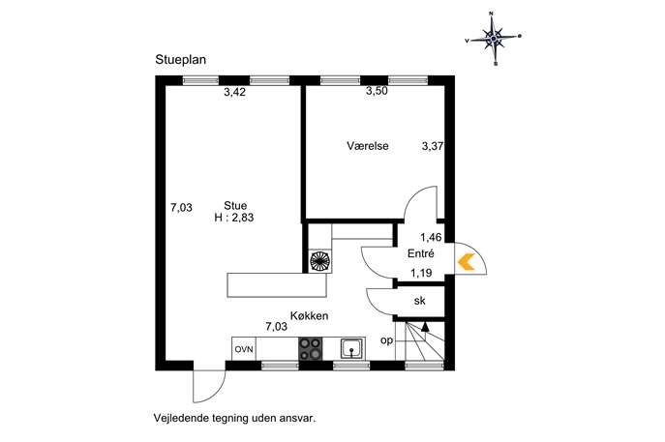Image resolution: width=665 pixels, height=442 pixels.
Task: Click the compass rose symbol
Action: click(494, 39)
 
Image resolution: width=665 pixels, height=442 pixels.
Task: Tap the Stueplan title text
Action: click(181, 60)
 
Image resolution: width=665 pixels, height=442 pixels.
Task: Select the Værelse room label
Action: click(368, 146)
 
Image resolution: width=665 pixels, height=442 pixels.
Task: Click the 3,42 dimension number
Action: click(234, 92)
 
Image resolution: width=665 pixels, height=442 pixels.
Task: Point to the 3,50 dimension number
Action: click(377, 91)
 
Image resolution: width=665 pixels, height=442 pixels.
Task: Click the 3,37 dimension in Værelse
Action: click(433, 146)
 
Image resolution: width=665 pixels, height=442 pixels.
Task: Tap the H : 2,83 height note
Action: click(234, 218)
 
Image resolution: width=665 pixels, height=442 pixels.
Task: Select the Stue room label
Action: click(235, 206)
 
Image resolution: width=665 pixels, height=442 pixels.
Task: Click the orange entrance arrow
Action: click(467, 261)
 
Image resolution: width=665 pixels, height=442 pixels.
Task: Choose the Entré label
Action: click(421, 253)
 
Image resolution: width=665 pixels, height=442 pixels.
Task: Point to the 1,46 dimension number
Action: click(431, 237)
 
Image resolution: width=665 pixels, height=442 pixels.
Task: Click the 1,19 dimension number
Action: click(421, 273)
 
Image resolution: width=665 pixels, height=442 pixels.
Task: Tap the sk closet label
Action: click(419, 301)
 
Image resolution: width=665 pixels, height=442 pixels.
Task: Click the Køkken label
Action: click(309, 315)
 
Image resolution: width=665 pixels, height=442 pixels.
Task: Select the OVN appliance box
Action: click(244, 349)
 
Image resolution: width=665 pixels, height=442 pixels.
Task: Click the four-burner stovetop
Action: click(311, 349)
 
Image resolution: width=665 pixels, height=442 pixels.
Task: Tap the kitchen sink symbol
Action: click(352, 349)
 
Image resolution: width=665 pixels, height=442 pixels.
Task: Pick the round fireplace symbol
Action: click(320, 260)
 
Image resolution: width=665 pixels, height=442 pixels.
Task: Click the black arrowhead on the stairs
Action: click(425, 326)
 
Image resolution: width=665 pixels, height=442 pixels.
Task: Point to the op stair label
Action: click(386, 340)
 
